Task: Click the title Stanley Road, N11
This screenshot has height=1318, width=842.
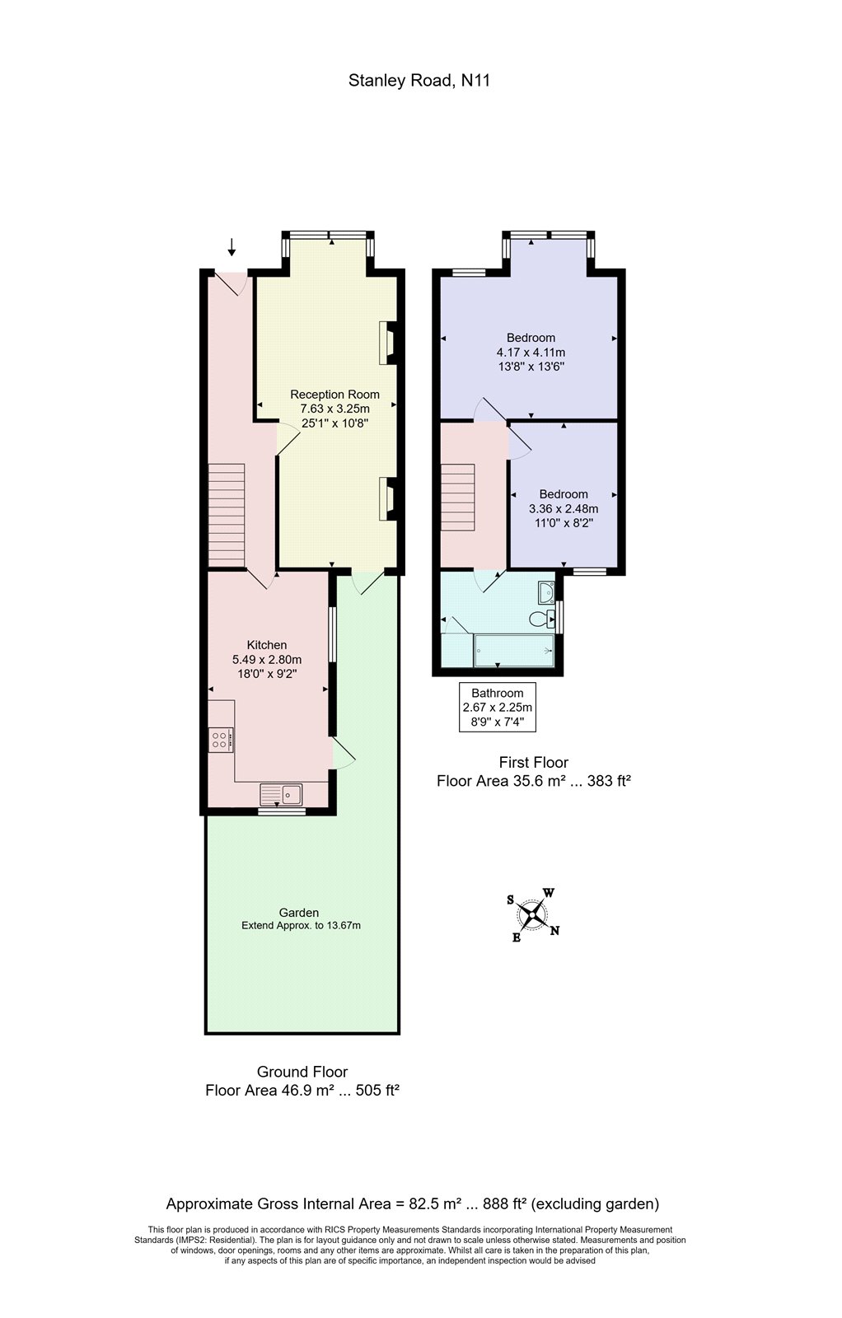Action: (x=419, y=81)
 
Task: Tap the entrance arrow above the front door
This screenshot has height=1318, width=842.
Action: (x=232, y=246)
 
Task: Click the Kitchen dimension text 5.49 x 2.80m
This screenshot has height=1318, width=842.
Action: (x=267, y=659)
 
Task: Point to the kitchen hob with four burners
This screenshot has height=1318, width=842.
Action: (x=220, y=739)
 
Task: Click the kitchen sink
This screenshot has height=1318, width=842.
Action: (x=281, y=795)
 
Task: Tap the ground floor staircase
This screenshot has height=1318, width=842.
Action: (x=227, y=515)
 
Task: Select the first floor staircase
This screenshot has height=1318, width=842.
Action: (x=458, y=499)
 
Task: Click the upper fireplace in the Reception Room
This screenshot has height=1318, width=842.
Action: (x=386, y=342)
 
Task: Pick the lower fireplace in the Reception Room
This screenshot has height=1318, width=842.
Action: (x=386, y=498)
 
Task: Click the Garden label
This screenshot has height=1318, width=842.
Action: (x=298, y=912)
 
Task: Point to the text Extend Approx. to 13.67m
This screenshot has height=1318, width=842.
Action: (x=301, y=925)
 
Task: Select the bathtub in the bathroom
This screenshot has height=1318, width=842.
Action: (x=513, y=651)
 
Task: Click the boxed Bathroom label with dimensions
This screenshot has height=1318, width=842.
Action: (x=497, y=707)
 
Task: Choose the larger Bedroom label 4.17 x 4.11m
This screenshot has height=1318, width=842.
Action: (x=531, y=352)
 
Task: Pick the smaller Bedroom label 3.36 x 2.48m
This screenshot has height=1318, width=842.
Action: (x=564, y=508)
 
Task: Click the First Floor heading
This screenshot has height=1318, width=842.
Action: (x=533, y=762)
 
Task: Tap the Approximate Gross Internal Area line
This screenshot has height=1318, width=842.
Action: (x=412, y=1203)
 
